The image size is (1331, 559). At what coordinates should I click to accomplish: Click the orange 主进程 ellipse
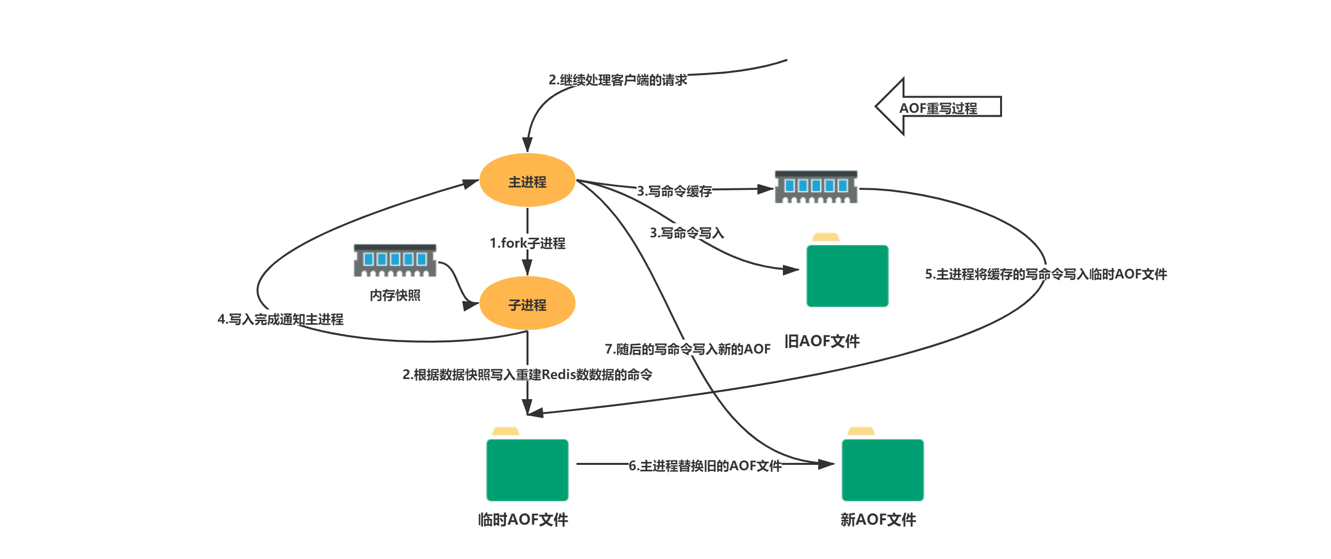click(527, 180)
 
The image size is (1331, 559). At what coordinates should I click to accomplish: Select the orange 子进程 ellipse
click(527, 304)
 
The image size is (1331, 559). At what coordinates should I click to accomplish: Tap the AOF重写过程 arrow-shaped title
click(938, 107)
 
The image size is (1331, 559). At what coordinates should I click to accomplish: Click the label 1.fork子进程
click(527, 243)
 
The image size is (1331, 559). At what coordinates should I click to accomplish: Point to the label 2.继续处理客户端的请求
click(617, 80)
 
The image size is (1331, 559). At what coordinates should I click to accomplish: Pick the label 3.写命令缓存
click(674, 191)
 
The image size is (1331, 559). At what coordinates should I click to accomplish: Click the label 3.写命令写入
click(687, 233)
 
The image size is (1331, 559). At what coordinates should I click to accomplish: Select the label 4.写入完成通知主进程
click(280, 319)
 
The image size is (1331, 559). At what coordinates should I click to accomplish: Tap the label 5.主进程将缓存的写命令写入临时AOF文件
click(1045, 274)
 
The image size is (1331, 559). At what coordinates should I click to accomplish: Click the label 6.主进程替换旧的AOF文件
click(705, 465)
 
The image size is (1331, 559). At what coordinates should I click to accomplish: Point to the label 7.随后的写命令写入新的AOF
click(687, 349)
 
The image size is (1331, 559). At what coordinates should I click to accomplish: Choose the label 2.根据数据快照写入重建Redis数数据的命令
click(527, 375)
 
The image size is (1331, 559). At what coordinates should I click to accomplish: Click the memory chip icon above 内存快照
click(395, 260)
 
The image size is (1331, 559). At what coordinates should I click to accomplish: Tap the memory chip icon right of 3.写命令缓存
click(816, 186)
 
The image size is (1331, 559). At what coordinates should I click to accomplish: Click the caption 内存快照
click(395, 295)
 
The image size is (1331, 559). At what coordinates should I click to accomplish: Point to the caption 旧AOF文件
click(822, 341)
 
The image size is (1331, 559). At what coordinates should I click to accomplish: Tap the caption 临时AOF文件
click(523, 519)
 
